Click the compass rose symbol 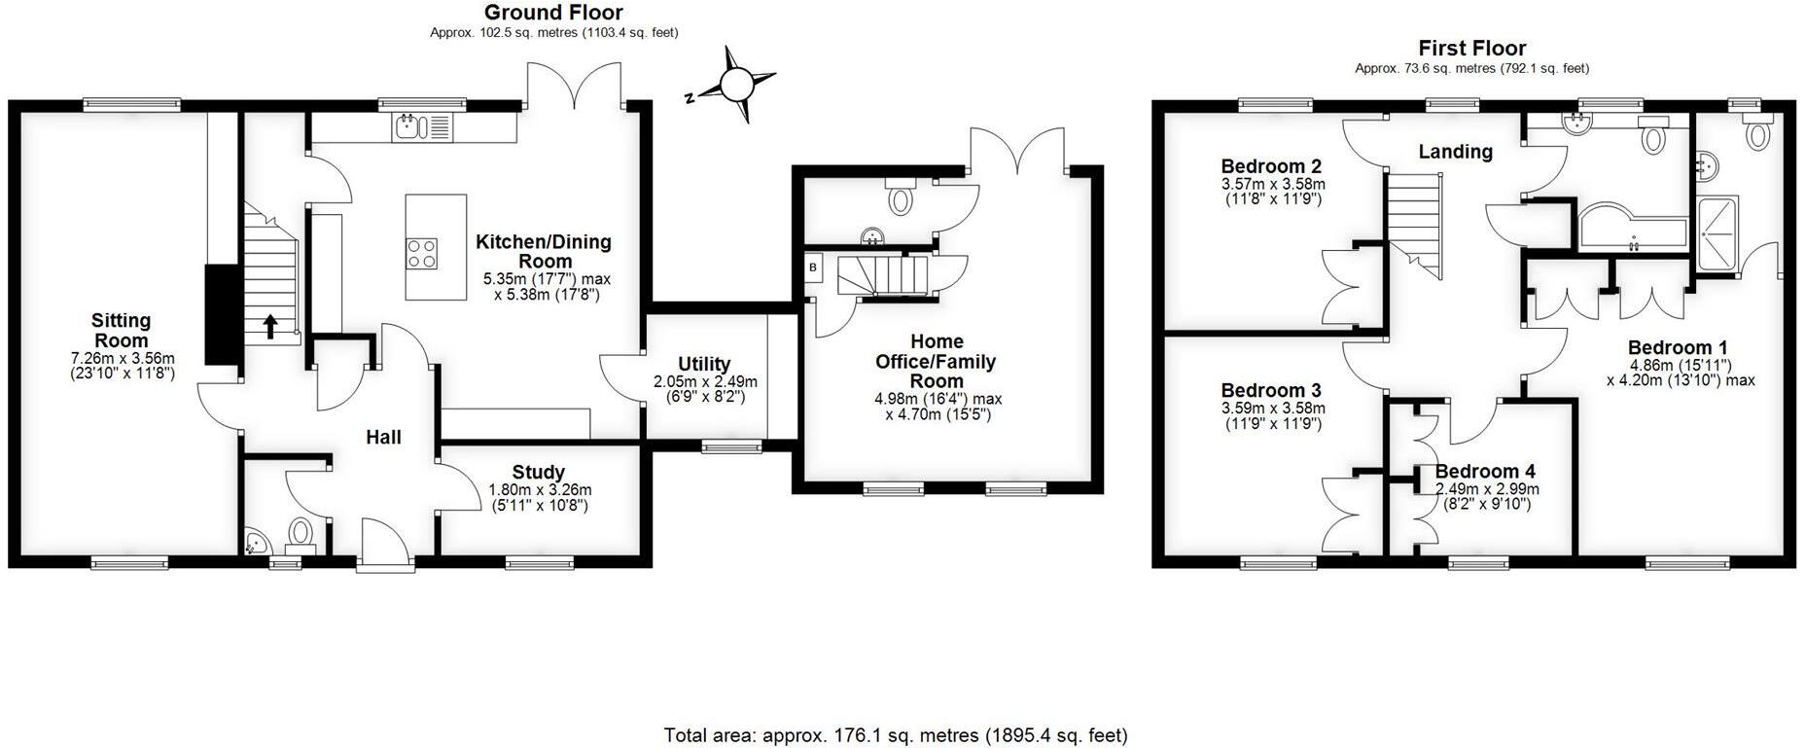coord(736,85)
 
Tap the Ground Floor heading coord(553,13)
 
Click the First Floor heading coord(1471,48)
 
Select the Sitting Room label coord(122,330)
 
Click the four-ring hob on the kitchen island coord(422,254)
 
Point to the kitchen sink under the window coord(407,125)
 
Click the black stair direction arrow coord(269,326)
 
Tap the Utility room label coord(704,365)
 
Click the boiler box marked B coord(813,267)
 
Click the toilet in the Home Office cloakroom coord(901,199)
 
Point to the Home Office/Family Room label coord(936,361)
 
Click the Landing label coord(1455,152)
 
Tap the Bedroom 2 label coord(1270,165)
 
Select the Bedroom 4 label coord(1485,472)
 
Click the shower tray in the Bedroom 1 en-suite coord(1718,233)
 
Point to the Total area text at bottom coord(895,735)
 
